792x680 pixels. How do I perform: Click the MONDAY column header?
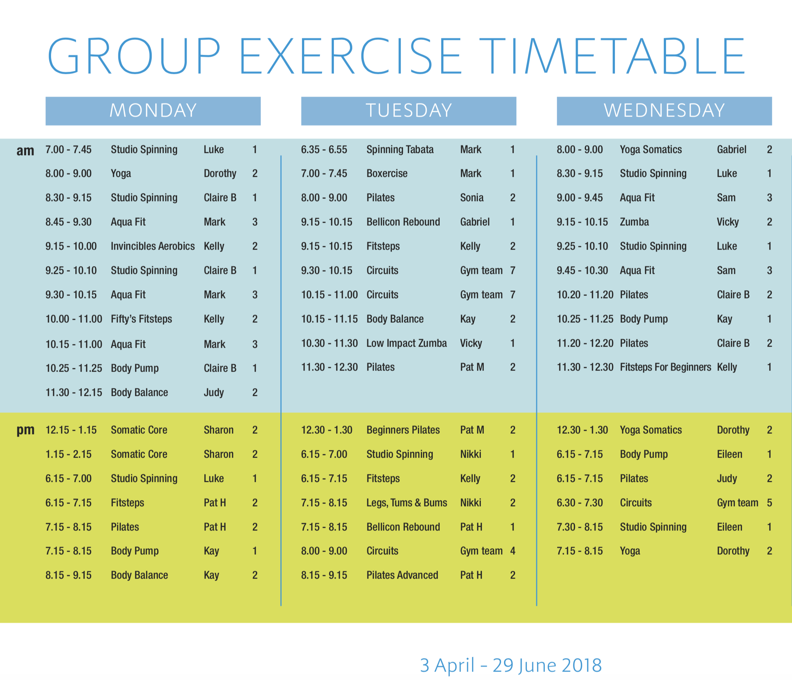click(x=153, y=111)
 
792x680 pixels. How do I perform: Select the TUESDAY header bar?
click(x=408, y=111)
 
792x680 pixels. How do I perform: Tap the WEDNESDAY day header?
click(x=664, y=111)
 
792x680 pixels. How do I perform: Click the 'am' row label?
click(x=25, y=151)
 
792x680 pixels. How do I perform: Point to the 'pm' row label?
click(x=25, y=431)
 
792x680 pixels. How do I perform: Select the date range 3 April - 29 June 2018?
click(x=511, y=665)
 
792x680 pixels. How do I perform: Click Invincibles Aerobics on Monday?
click(x=153, y=246)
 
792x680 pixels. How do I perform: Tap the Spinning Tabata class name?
click(x=400, y=150)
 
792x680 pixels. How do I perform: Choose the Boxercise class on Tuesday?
click(x=387, y=173)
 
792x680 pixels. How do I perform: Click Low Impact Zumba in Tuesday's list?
click(x=406, y=343)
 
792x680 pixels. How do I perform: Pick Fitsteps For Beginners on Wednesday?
click(x=666, y=368)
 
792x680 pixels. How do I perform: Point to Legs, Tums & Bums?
click(x=407, y=503)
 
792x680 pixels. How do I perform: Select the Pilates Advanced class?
click(x=402, y=575)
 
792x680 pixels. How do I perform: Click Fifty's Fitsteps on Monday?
click(x=141, y=319)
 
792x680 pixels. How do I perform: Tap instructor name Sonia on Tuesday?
click(x=472, y=198)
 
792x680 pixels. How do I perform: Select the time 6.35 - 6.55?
click(x=324, y=150)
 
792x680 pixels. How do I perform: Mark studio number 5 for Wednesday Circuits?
click(x=770, y=503)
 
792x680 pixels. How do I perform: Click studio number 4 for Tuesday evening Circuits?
click(x=512, y=551)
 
